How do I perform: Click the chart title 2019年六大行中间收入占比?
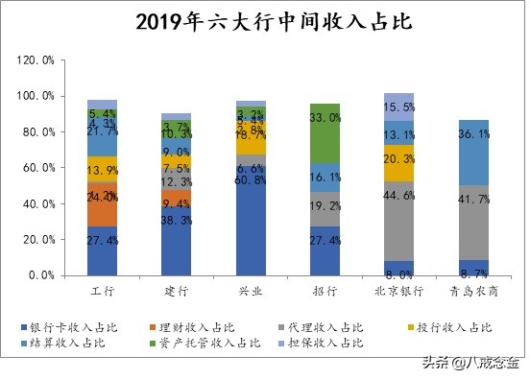tap(264, 21)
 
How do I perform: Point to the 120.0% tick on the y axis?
tap(36, 59)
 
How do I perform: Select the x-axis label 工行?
tap(102, 289)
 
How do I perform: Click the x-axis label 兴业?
tap(251, 289)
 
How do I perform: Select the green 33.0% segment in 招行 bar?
tap(325, 133)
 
